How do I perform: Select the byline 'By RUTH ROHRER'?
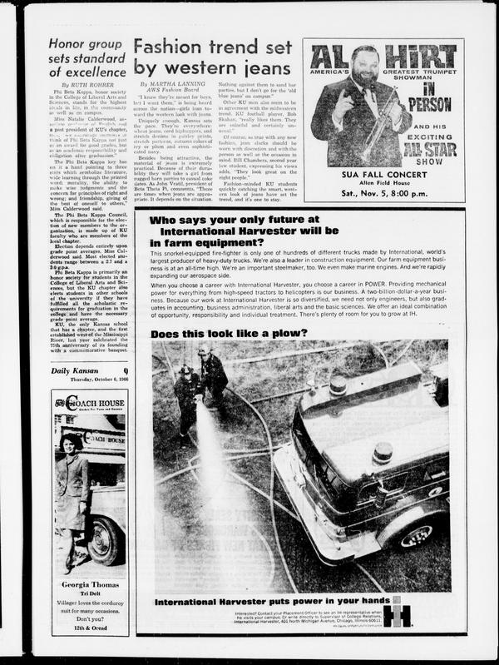coord(86,86)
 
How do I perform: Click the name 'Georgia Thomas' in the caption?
coord(89,588)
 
